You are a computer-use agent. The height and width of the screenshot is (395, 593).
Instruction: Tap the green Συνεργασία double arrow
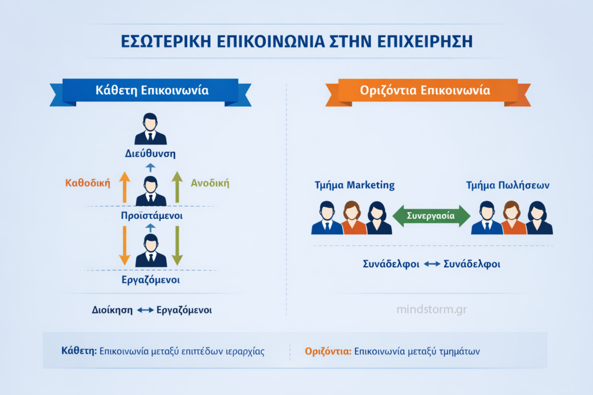point(431,216)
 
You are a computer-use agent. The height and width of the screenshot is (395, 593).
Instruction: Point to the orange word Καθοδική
point(88,183)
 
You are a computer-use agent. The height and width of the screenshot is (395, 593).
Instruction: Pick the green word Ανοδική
point(210,183)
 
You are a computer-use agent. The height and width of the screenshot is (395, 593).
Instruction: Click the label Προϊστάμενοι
point(150,215)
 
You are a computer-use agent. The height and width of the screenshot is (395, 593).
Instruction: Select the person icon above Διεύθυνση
point(151,130)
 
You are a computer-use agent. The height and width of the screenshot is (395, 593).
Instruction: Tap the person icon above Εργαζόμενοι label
point(151,251)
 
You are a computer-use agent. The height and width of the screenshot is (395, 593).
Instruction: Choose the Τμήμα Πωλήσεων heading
point(508,186)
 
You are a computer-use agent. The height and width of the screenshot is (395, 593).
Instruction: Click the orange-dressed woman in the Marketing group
point(353,218)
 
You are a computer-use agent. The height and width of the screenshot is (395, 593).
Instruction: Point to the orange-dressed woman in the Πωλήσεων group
point(511,218)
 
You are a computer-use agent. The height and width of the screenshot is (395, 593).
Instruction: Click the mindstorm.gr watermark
point(431,309)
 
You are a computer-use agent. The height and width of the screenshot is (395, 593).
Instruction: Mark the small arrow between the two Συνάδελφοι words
point(431,264)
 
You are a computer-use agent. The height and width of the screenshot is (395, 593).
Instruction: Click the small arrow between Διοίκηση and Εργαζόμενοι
point(145,310)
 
